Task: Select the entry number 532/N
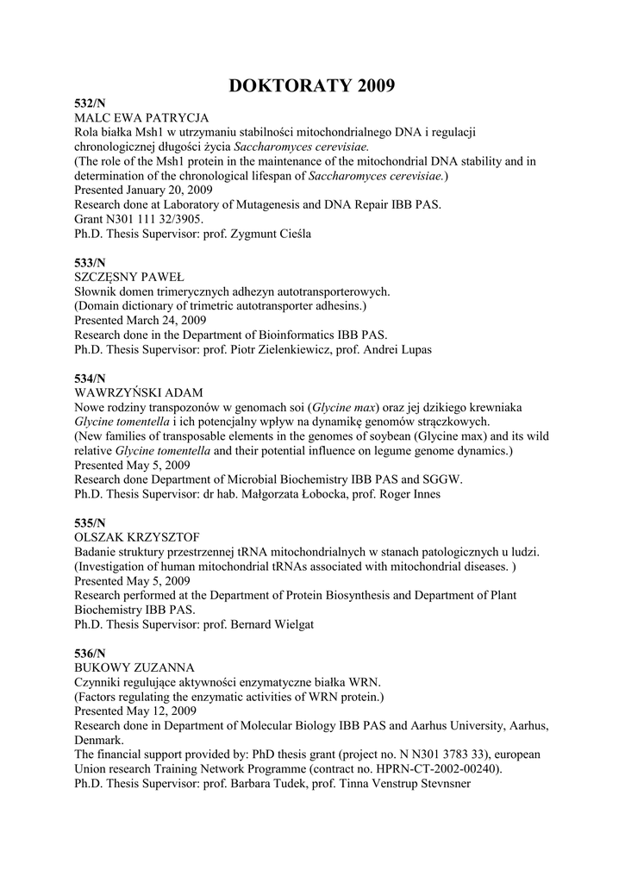click(x=90, y=103)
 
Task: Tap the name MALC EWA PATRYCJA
click(x=142, y=117)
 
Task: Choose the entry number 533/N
click(x=90, y=262)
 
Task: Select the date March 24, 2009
click(x=166, y=320)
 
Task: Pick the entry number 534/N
click(x=90, y=379)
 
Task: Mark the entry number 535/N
click(x=90, y=523)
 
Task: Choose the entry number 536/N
click(x=90, y=654)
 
